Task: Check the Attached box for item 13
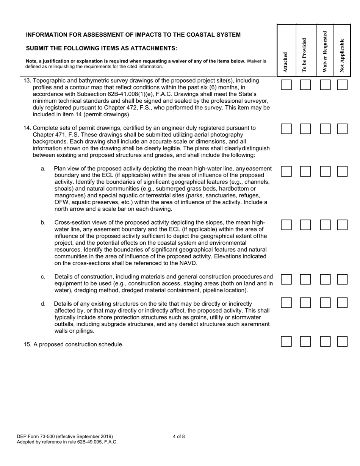click(286, 85)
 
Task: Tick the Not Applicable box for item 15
click(342, 342)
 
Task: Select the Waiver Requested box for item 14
click(325, 129)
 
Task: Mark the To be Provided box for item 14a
click(305, 171)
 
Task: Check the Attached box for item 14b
click(286, 225)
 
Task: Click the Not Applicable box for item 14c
click(342, 280)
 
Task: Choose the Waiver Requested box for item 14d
click(325, 302)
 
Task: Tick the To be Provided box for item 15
click(305, 342)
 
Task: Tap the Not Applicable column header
click(342, 55)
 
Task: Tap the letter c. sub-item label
click(43, 277)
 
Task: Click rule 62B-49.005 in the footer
click(84, 442)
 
